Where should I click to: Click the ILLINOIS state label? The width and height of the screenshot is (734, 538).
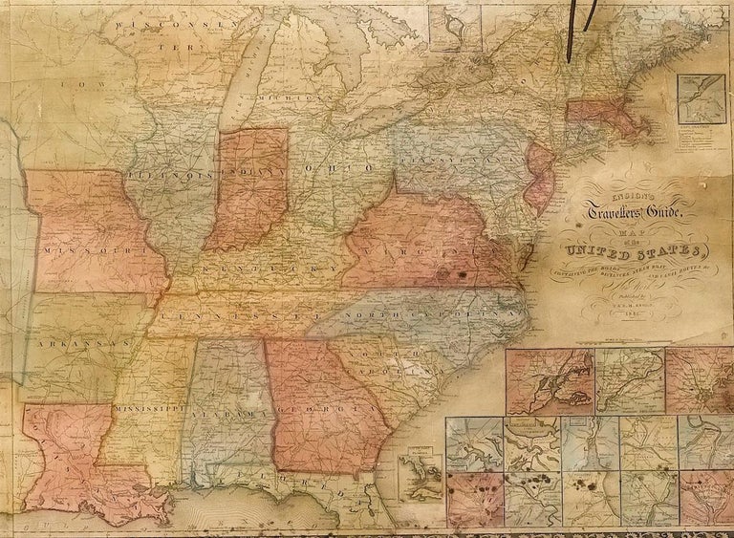173,176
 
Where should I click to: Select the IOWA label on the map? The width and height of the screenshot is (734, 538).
76,85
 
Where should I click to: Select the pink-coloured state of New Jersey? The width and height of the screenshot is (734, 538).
540,177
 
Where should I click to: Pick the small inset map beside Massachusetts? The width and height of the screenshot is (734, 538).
700,99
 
